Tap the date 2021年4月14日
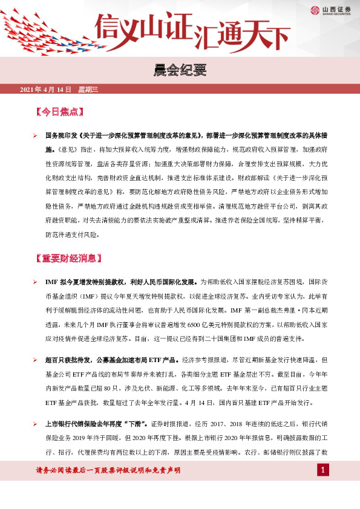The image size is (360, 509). (x=45, y=90)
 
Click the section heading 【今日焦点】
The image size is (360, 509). (x=60, y=112)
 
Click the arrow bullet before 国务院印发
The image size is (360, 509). (x=36, y=135)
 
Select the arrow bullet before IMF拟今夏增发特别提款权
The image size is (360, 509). (x=36, y=282)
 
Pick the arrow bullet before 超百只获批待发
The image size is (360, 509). (x=36, y=359)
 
